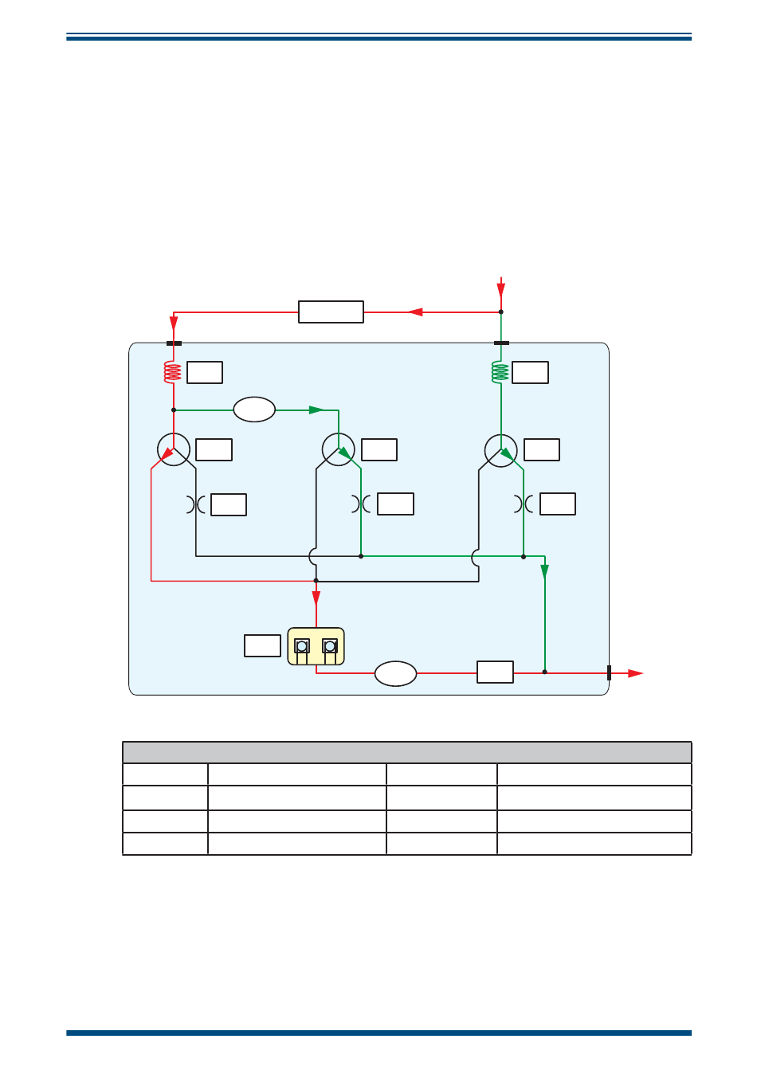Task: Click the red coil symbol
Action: click(x=173, y=372)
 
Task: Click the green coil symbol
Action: click(x=500, y=372)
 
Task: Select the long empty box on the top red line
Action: click(x=331, y=312)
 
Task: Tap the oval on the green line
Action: click(x=254, y=410)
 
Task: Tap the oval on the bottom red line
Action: click(x=396, y=673)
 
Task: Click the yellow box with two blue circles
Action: click(x=316, y=646)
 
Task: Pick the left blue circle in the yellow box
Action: click(x=302, y=646)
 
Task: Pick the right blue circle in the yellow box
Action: click(x=330, y=646)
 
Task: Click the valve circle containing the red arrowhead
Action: click(x=173, y=450)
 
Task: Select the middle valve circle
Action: click(x=339, y=450)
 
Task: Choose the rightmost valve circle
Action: click(x=501, y=450)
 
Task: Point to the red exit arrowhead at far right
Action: click(x=635, y=673)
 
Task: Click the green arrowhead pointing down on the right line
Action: click(x=545, y=571)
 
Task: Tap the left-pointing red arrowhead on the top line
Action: click(x=415, y=312)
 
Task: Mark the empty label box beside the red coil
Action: click(x=205, y=372)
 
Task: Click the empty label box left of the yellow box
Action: click(x=262, y=645)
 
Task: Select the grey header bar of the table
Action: click(x=406, y=752)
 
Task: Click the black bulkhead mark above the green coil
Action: click(x=501, y=343)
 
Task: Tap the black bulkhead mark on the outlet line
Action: click(x=609, y=672)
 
